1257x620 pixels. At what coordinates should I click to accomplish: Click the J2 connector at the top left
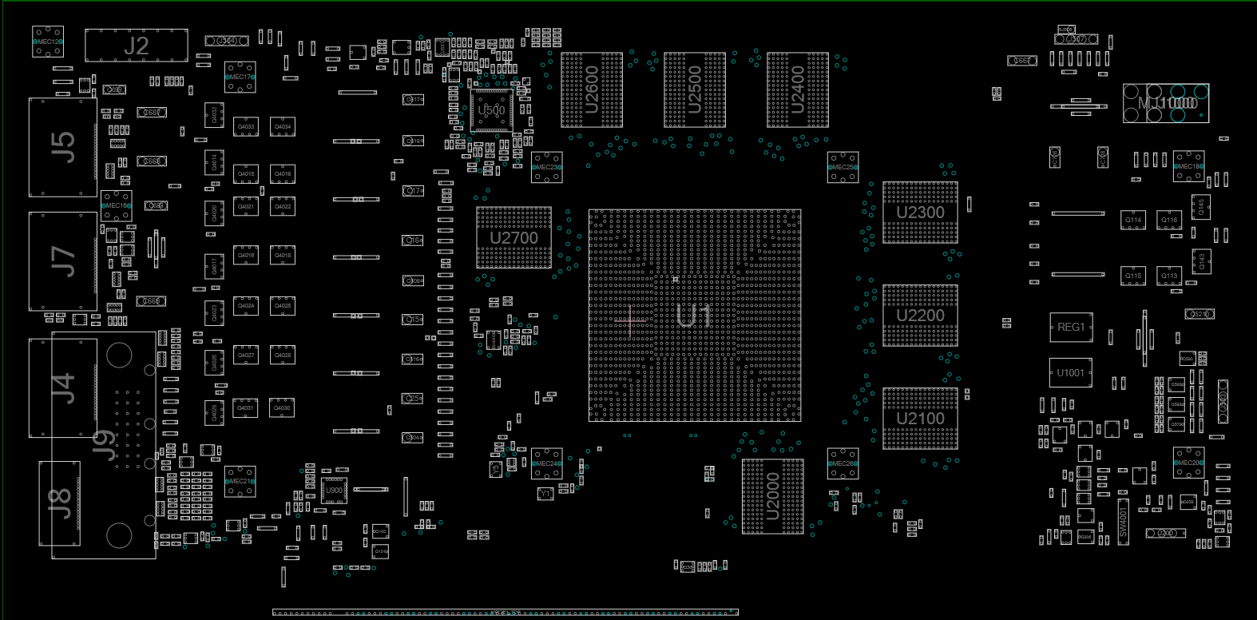point(136,46)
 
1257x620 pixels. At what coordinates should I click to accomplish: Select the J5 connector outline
point(62,147)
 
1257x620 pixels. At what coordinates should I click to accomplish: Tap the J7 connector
point(62,261)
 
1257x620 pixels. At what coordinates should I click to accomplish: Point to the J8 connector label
point(60,503)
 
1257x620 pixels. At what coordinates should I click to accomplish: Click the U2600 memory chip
point(592,89)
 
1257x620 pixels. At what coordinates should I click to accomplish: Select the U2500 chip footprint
point(695,89)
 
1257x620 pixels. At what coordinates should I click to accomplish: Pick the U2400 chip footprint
point(798,89)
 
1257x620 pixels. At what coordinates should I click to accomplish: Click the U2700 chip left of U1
point(514,237)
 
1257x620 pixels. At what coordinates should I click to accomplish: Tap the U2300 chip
point(920,213)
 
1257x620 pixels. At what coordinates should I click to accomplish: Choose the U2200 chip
point(920,316)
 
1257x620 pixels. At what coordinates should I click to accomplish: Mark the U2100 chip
point(920,419)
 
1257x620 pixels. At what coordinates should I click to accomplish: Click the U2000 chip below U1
point(772,495)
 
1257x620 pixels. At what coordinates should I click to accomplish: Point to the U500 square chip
point(491,110)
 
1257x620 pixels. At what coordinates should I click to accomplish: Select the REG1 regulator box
point(1071,327)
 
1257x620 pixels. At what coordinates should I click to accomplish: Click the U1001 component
point(1071,372)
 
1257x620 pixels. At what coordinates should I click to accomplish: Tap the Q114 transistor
point(1133,220)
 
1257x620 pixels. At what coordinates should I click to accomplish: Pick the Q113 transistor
point(1169,276)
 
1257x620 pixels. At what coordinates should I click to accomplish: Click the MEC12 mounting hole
point(47,42)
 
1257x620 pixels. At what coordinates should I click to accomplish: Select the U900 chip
point(334,491)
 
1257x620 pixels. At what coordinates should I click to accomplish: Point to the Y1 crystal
point(545,494)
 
